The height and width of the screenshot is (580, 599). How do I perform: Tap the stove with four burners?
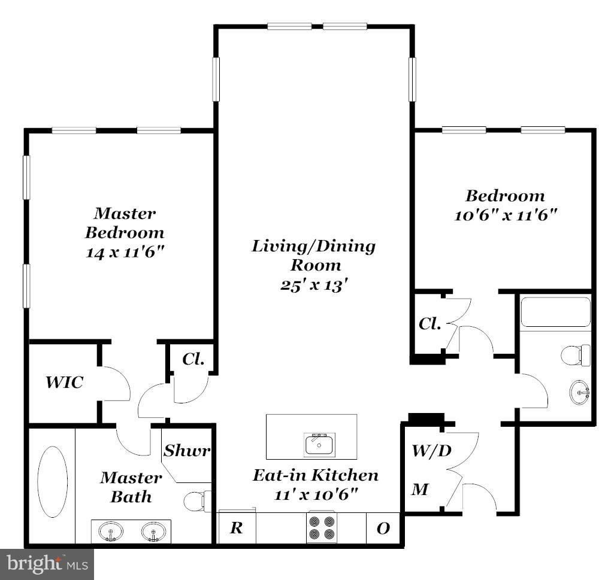(x=322, y=527)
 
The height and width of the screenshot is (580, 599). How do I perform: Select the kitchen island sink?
(x=319, y=445)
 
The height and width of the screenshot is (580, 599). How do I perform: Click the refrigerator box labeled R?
(x=237, y=527)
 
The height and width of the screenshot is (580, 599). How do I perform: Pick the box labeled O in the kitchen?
(x=383, y=528)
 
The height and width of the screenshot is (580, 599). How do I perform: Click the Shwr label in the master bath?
(x=187, y=450)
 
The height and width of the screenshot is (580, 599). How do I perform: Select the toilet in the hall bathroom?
(x=576, y=355)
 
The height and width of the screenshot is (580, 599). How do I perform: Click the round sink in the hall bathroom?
(x=579, y=393)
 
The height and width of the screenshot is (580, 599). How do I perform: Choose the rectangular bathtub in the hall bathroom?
(x=555, y=312)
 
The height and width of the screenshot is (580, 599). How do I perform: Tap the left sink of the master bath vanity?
(x=110, y=531)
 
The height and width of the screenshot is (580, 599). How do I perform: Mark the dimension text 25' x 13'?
(x=314, y=285)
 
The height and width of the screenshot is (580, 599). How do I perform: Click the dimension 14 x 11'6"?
(x=125, y=251)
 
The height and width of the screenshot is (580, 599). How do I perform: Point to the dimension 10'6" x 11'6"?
(x=506, y=215)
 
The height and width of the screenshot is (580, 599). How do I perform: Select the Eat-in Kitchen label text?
(x=315, y=475)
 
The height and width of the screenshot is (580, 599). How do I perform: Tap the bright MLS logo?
(x=47, y=563)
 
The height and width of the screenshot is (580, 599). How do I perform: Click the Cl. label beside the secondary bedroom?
(x=429, y=324)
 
